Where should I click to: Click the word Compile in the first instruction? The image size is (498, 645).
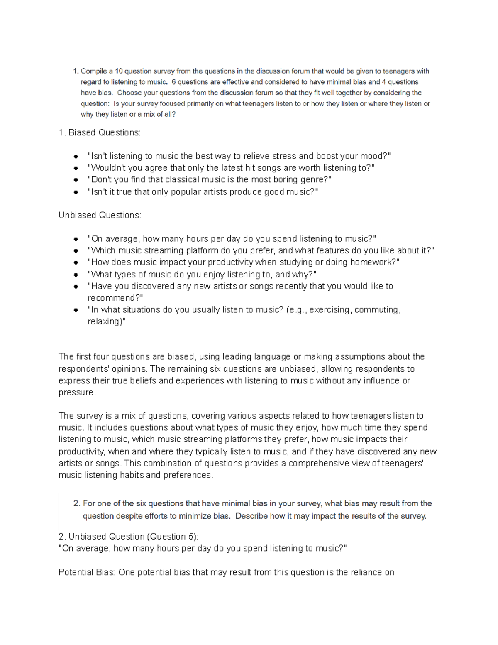coord(94,71)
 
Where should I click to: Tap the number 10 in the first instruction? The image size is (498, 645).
coord(119,71)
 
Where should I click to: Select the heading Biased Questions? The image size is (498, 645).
coord(104,132)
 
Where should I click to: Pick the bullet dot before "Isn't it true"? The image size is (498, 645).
coord(76,192)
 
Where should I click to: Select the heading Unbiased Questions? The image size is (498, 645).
coord(100,215)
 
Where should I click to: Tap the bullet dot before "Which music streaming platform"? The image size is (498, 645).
coord(76,251)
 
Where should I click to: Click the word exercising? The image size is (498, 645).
coord(329,310)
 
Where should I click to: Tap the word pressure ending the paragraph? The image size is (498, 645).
coord(76,392)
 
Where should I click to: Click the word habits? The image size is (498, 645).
coord(131,475)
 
